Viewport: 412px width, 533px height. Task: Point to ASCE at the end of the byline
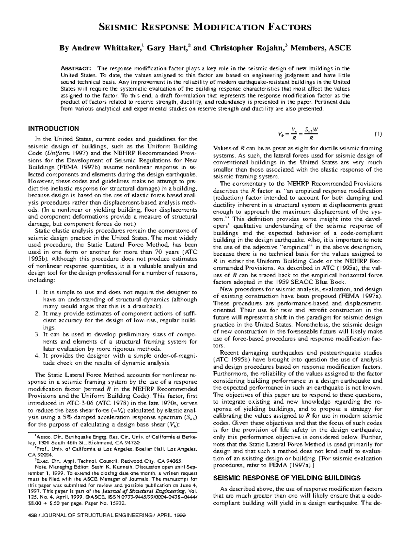coord(340,48)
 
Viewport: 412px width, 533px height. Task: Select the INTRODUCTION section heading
coord(53,129)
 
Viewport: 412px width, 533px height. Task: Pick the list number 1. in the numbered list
coord(38,292)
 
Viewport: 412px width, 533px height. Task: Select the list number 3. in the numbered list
coord(38,335)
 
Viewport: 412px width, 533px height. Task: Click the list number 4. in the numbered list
coord(38,356)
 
